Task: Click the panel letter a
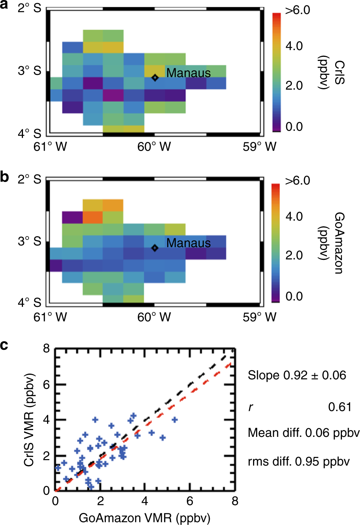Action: pos(5,7)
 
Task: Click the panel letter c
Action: pos(4,345)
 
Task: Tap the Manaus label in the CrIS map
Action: pos(188,73)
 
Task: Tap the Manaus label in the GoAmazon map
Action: pos(188,243)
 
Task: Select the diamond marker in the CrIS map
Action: pos(155,78)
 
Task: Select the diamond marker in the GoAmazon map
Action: pos(155,248)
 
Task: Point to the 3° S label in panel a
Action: pos(29,70)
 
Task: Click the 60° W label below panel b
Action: pos(154,317)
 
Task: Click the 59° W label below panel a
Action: pos(259,147)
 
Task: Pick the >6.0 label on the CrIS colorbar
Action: pos(297,10)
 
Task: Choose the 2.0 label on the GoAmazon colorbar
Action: pos(294,255)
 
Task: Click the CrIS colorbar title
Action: pos(331,73)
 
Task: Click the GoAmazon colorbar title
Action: pos(331,243)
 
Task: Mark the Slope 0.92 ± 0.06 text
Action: pos(297,375)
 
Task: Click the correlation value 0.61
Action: pos(340,407)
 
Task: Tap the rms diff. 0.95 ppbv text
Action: pos(299,461)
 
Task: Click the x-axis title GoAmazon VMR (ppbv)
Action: pos(144,518)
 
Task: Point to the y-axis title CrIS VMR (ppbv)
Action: pos(29,420)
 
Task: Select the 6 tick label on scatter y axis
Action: pos(46,384)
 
